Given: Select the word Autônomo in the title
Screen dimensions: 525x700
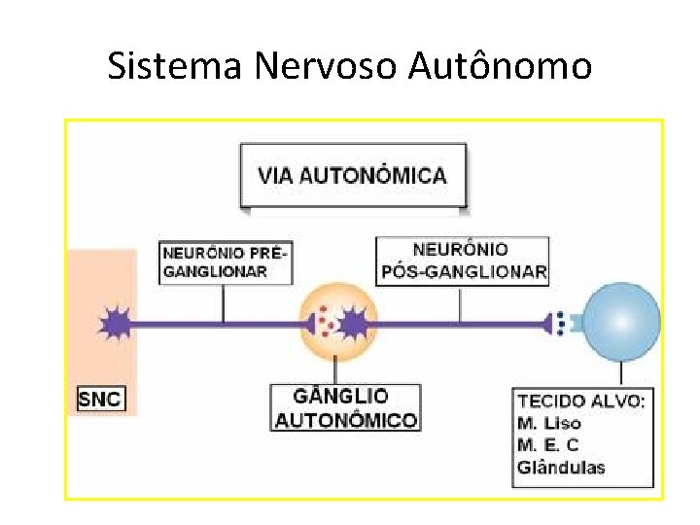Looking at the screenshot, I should coord(500,66).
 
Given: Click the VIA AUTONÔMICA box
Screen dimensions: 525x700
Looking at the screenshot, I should coord(352,176).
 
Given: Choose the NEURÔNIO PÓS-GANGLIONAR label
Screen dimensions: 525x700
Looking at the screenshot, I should coord(463,261).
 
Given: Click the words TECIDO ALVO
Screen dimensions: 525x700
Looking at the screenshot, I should coord(581,401).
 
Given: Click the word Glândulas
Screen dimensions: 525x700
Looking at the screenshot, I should coord(562,468).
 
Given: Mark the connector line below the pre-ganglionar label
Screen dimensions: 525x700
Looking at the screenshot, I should coord(224,302).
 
